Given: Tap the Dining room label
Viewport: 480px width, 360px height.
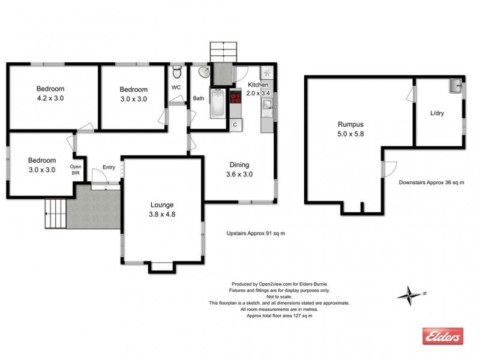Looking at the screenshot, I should tap(239, 165).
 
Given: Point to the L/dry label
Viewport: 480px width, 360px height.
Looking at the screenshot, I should tap(437, 113).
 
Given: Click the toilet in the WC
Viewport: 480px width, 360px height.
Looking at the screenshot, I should tap(176, 73).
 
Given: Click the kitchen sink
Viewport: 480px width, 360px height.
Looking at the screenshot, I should tap(267, 107).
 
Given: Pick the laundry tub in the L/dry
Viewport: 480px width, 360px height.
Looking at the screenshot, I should tap(454, 86).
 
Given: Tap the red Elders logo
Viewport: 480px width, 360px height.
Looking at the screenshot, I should tap(443, 337).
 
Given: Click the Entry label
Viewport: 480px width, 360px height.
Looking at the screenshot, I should tap(109, 167).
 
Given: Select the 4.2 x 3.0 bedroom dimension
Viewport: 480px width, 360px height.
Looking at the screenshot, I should tap(50, 99).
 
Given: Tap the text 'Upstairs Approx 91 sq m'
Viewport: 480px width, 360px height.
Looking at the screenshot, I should tap(255, 233).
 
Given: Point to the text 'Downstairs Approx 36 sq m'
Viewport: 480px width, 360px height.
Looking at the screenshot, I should tap(432, 182).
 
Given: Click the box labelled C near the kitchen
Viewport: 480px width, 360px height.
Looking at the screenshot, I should tap(235, 125).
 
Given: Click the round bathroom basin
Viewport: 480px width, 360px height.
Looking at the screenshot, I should tap(204, 73).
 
